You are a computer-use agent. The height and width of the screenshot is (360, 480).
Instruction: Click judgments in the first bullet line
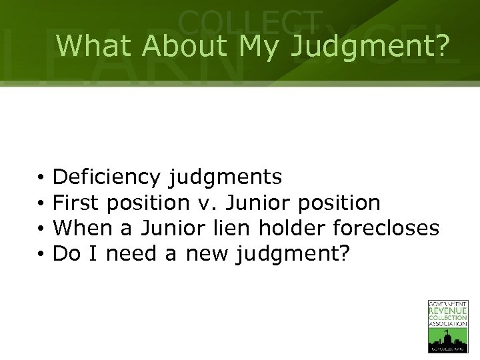[x=225, y=178]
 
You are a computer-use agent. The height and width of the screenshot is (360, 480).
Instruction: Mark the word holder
[x=290, y=228]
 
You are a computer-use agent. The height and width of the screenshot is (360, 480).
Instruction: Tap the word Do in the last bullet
[x=65, y=253]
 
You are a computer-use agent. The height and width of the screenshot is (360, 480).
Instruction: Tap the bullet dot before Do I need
[x=41, y=254]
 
